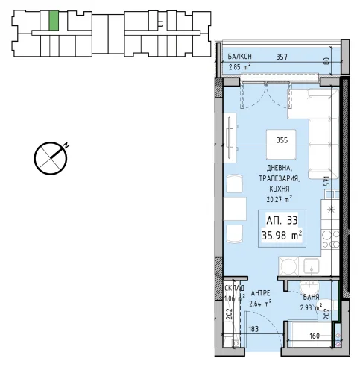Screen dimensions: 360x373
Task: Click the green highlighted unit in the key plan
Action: pyautogui.click(x=54, y=21)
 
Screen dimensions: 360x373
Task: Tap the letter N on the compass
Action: pyautogui.click(x=66, y=145)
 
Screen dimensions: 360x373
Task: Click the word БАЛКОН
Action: pyautogui.click(x=240, y=57)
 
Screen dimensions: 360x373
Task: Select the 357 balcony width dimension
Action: pyautogui.click(x=282, y=57)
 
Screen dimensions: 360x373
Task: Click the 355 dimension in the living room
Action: pyautogui.click(x=282, y=140)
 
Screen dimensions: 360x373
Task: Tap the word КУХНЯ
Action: pyautogui.click(x=280, y=189)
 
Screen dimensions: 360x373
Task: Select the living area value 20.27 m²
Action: pyautogui.click(x=279, y=199)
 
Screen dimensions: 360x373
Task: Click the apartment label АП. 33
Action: pyautogui.click(x=282, y=220)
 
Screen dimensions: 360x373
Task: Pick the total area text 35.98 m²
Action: pyautogui.click(x=282, y=235)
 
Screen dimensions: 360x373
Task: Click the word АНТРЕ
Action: pyautogui.click(x=260, y=293)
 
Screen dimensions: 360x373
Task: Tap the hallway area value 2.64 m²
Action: pyautogui.click(x=260, y=304)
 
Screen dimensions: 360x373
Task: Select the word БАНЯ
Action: pyautogui.click(x=311, y=297)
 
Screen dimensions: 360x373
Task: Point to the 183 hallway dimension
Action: pyautogui.click(x=253, y=329)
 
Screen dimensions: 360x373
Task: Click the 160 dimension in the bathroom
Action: pyautogui.click(x=315, y=336)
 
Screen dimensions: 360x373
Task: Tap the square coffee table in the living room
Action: pyautogui.click(x=281, y=144)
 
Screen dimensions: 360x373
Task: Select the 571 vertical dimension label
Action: pyautogui.click(x=327, y=181)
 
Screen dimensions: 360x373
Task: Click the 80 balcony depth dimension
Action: pyautogui.click(x=327, y=61)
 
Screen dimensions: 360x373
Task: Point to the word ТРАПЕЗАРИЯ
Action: pyautogui.click(x=280, y=178)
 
